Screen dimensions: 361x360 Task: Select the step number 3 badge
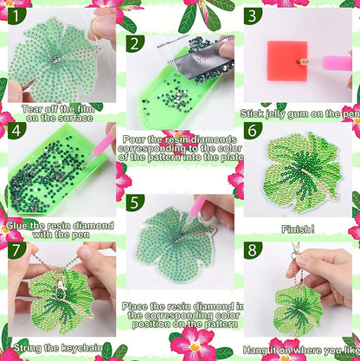251,16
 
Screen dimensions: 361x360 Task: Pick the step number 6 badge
252,131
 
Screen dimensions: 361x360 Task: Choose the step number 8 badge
252,251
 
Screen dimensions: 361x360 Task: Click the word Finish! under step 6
297,231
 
